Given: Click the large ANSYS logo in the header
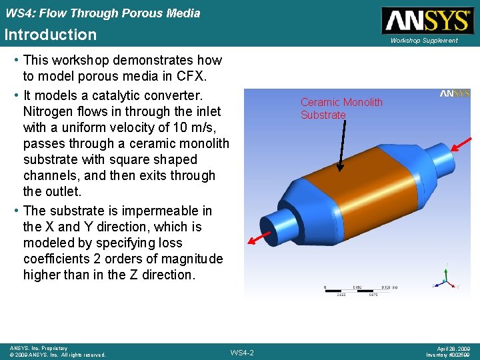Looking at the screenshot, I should coord(425,21).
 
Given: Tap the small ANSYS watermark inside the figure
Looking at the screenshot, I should coord(455,94).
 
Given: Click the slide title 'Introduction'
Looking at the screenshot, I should coord(51,35).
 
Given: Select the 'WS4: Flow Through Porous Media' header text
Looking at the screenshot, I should coord(102,13).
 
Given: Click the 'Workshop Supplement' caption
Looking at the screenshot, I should coord(424,41).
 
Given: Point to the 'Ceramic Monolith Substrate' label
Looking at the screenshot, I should coord(341,109).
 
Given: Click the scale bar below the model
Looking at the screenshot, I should coord(360,289).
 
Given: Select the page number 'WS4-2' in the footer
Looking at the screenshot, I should coord(241,352).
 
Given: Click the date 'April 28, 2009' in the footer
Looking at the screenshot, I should coord(454,348).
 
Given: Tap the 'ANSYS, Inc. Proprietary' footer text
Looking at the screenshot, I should coord(38,348).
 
